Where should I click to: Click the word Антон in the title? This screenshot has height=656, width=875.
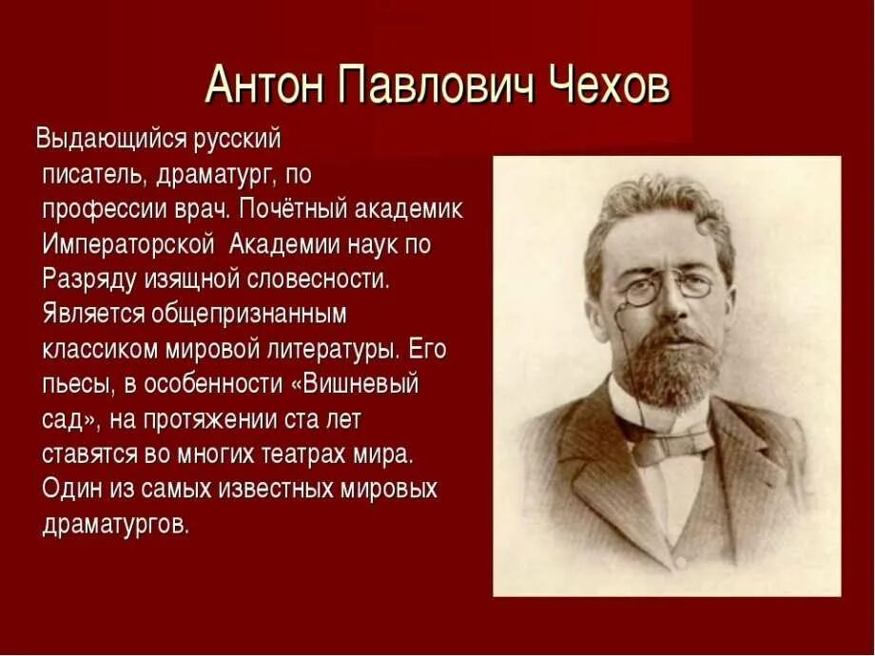pos(259,87)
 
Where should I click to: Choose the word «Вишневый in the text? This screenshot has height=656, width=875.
pos(363,384)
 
